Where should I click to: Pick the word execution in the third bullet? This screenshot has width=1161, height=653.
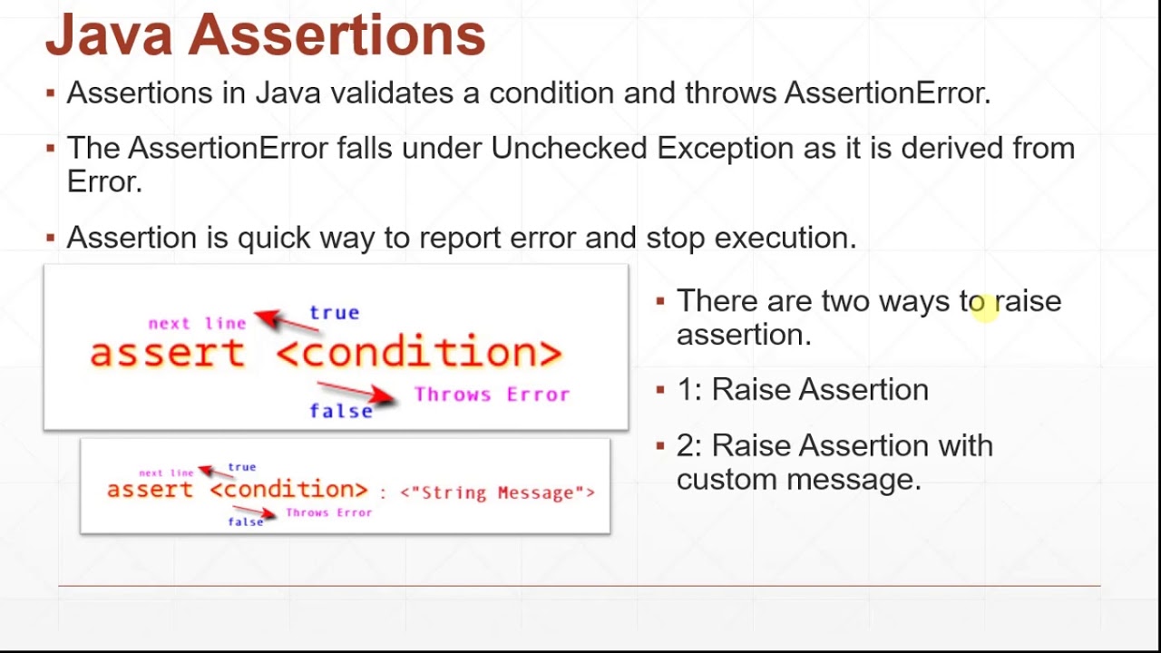click(x=785, y=238)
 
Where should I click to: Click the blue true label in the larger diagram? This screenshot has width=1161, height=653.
click(x=334, y=313)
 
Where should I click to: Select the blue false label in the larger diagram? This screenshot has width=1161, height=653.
click(x=341, y=411)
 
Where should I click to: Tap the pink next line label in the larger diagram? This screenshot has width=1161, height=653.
click(x=197, y=323)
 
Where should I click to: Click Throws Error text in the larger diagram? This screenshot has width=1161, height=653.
click(x=492, y=395)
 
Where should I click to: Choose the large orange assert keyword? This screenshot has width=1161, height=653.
click(x=168, y=353)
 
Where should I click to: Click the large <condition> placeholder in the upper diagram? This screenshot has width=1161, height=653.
click(x=418, y=353)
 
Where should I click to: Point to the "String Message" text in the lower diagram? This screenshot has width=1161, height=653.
click(x=497, y=492)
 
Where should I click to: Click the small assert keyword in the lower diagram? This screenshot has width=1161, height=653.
click(x=151, y=490)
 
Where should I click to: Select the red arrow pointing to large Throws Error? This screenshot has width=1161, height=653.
click(x=358, y=392)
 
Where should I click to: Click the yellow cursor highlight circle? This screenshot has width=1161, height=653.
click(x=982, y=306)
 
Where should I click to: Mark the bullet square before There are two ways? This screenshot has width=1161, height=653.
click(x=660, y=300)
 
